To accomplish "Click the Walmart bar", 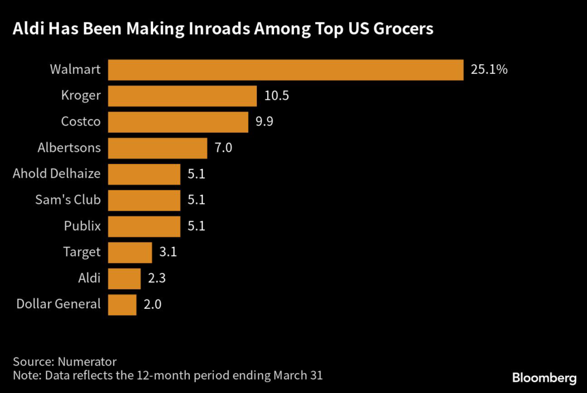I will coord(285,70).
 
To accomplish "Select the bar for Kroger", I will coord(182,96).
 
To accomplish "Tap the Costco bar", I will coord(178,122).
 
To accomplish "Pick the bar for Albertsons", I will coord(157,148).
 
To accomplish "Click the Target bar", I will coord(130,252).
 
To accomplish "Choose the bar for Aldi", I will coord(124,278).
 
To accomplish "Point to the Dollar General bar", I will coord(122,304).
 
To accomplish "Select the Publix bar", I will coord(144,226).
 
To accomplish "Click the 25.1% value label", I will coord(489,70).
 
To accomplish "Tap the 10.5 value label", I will coord(276,96).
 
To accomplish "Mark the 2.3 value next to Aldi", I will coord(156,278).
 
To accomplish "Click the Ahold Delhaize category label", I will coord(57,174).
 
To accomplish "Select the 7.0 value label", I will coord(224,148).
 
